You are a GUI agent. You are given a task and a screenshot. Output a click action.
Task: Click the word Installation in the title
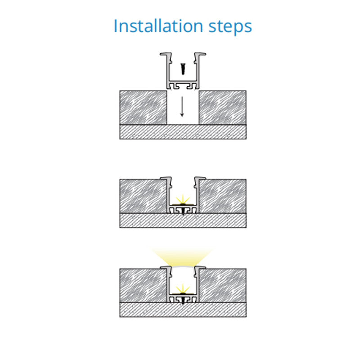click(x=158, y=26)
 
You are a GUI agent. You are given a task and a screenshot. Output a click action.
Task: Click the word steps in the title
click(x=230, y=27)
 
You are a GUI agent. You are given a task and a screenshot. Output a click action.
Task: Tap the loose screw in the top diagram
click(x=183, y=69)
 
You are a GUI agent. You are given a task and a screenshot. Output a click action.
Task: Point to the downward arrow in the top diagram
click(x=182, y=107)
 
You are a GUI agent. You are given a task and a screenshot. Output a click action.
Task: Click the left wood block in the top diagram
click(x=143, y=108)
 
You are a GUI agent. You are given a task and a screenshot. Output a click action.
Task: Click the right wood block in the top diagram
click(x=223, y=108)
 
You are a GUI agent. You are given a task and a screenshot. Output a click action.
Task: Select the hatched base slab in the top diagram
click(x=183, y=132)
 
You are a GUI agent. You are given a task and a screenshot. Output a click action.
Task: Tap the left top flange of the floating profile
click(x=166, y=54)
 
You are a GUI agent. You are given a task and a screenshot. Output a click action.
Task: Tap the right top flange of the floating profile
click(x=200, y=54)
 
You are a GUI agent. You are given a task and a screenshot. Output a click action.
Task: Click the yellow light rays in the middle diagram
click(x=183, y=199)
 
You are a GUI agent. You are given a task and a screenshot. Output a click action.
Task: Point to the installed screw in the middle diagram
click(x=183, y=211)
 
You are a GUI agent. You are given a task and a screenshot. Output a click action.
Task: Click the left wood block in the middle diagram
click(x=143, y=196)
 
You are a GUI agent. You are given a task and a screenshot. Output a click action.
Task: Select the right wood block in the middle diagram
click(x=223, y=196)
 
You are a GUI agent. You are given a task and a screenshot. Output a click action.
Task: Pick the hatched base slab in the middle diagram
click(x=183, y=220)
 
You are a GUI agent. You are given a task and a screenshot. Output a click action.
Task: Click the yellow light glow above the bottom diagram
click(x=183, y=256)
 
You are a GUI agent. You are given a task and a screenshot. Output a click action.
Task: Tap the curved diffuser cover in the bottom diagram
click(x=183, y=266)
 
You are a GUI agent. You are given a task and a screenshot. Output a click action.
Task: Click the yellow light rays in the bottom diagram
click(x=183, y=288)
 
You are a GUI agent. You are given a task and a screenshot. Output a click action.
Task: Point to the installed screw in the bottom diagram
click(x=183, y=300)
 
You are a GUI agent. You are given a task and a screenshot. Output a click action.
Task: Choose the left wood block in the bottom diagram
click(x=143, y=286)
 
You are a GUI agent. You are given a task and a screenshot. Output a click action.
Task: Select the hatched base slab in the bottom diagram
click(x=183, y=310)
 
